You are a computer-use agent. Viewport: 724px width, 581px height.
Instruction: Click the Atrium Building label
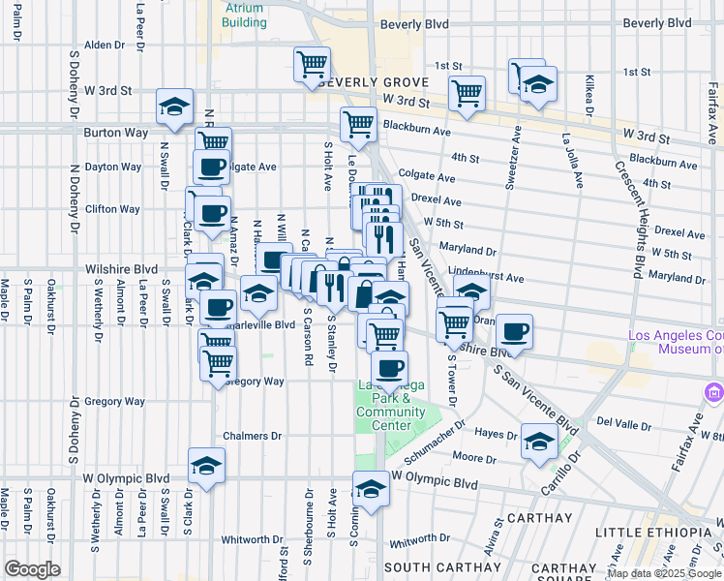pos(244,15)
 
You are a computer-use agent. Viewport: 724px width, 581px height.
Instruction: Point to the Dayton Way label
pos(113,167)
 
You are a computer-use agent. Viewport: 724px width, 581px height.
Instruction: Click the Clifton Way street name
pos(113,208)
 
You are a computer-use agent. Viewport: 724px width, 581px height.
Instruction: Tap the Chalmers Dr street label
pos(252,436)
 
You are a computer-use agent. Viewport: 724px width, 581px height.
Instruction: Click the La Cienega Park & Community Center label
pos(391,405)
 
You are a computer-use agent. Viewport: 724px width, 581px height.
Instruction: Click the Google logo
pos(32,569)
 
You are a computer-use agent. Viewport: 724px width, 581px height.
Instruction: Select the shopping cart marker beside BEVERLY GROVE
pos(313,65)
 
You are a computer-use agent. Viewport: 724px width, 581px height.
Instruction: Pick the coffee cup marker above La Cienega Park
pos(389,368)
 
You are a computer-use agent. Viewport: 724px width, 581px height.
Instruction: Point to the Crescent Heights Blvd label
pos(628,215)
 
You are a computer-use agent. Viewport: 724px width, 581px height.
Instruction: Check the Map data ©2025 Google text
pos(664,573)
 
